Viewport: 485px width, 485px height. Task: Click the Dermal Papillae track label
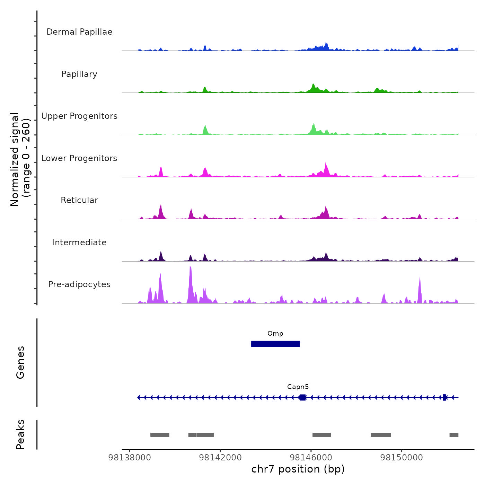click(x=79, y=32)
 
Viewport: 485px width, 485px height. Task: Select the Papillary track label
click(x=79, y=74)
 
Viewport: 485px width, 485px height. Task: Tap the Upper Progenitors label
click(x=79, y=116)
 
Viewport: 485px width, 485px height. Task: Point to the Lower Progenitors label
click(x=79, y=158)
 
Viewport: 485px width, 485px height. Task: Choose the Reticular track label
click(x=79, y=200)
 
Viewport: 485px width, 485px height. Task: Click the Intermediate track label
click(x=79, y=242)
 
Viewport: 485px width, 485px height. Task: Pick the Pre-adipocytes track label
click(x=79, y=284)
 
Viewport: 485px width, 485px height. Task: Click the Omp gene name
click(x=275, y=334)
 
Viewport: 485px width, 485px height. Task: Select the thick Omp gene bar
click(x=275, y=344)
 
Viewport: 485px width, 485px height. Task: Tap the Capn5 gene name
click(x=298, y=387)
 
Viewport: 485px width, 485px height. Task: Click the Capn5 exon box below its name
click(x=303, y=397)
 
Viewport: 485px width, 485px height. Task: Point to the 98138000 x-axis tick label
click(x=130, y=458)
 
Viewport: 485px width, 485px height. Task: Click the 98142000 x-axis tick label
click(x=220, y=458)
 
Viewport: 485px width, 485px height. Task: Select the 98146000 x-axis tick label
click(x=311, y=458)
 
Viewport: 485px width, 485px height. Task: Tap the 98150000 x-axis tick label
click(x=402, y=458)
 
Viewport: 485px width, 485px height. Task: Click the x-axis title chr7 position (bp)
click(x=298, y=469)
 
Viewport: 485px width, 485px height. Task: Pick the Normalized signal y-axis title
click(x=20, y=159)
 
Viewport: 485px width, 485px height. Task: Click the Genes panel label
click(x=20, y=362)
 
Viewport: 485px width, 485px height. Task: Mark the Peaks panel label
click(x=20, y=434)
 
